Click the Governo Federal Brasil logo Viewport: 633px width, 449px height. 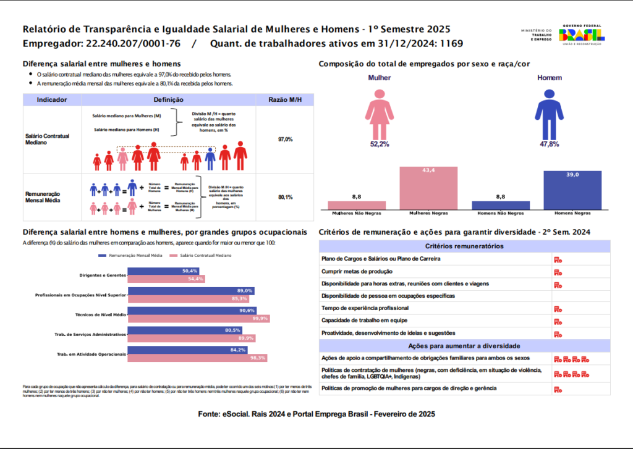coord(583,34)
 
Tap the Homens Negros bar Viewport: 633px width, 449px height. coord(572,191)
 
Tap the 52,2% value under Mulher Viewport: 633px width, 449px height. coord(380,144)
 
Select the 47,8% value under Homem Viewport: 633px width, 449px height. coord(548,144)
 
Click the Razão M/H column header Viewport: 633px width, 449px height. coord(284,99)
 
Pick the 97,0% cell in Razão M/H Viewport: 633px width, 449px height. coord(285,140)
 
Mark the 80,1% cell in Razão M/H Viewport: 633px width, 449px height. coord(285,197)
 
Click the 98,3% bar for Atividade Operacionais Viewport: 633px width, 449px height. coord(197,358)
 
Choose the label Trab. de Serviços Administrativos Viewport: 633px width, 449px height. coord(91,334)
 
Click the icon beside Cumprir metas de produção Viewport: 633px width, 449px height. coord(558,272)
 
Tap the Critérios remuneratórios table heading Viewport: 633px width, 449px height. coord(464,246)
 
